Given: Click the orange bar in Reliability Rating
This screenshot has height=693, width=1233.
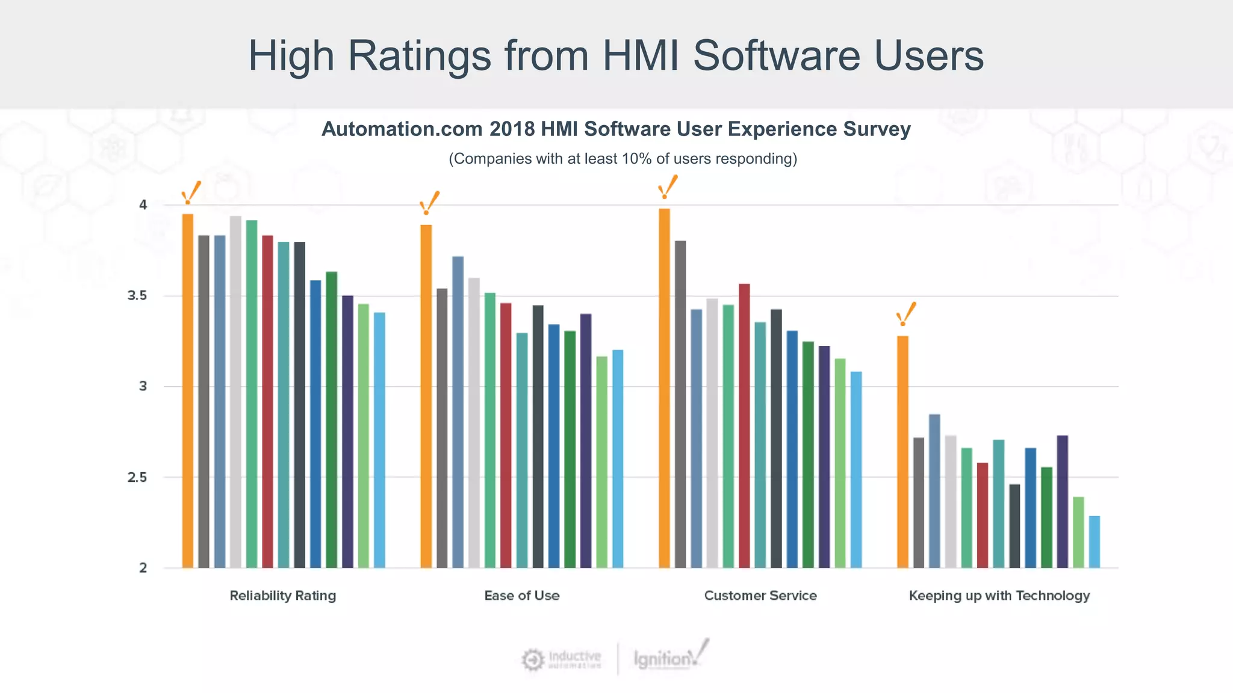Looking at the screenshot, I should click(x=188, y=391).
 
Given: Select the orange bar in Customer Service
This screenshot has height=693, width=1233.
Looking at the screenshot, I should click(x=664, y=388).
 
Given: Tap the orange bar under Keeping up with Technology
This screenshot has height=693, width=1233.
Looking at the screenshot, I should click(x=902, y=451).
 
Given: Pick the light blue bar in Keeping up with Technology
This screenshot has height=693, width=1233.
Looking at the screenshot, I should click(x=1095, y=541).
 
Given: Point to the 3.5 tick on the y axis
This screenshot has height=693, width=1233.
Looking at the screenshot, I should click(x=137, y=295).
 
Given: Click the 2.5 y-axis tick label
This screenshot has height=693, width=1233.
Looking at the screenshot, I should click(x=137, y=477).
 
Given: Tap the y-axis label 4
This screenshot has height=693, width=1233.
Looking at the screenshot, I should click(x=143, y=205).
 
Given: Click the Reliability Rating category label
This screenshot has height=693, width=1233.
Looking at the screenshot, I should click(x=282, y=596).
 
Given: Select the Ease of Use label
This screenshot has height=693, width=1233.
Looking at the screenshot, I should click(x=522, y=596).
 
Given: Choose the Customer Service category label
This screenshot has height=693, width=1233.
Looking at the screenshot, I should click(x=760, y=596).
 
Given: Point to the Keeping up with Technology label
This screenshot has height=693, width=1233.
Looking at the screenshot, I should click(x=999, y=596).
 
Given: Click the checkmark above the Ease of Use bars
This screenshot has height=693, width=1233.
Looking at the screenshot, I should click(x=430, y=203).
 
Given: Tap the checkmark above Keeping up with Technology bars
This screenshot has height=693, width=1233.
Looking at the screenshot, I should click(x=906, y=313).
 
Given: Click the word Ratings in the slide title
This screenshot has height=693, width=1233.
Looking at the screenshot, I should click(x=420, y=55).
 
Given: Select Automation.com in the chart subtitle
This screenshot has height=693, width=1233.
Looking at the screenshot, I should click(x=402, y=129).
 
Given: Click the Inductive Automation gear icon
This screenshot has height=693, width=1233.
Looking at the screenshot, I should click(x=532, y=660).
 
